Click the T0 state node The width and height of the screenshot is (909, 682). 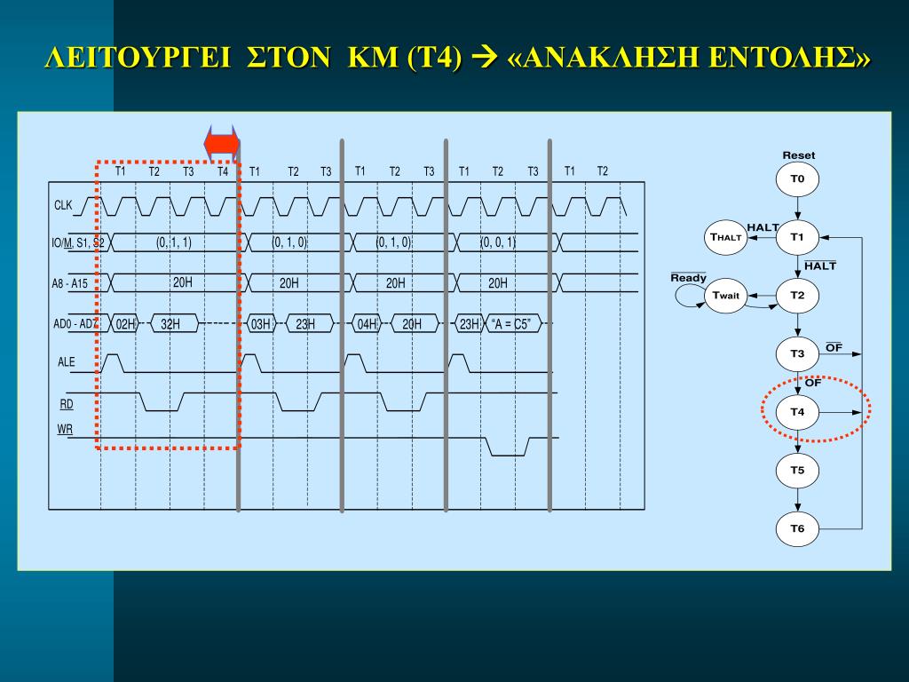tap(797, 179)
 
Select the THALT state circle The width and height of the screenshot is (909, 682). tap(725, 237)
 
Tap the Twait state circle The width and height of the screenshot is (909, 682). tap(725, 296)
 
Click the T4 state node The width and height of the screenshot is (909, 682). tap(797, 412)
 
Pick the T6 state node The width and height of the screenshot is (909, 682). tap(797, 529)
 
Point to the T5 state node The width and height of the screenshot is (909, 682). tap(797, 471)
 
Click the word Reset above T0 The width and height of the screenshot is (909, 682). tap(798, 155)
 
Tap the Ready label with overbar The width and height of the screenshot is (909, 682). tap(688, 278)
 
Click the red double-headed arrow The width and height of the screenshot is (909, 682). tap(221, 143)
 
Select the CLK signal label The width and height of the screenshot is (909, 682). tap(63, 206)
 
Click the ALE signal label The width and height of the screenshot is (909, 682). tap(67, 362)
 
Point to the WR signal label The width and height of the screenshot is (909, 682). tap(65, 430)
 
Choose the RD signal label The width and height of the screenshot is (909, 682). tap(67, 404)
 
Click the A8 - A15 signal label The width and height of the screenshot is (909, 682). tap(69, 284)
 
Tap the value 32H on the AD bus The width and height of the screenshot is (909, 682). tap(170, 324)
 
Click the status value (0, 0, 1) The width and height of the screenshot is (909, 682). tap(498, 242)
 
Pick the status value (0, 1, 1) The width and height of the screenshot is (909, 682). tap(174, 242)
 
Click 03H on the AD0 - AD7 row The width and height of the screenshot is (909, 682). tap(260, 324)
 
